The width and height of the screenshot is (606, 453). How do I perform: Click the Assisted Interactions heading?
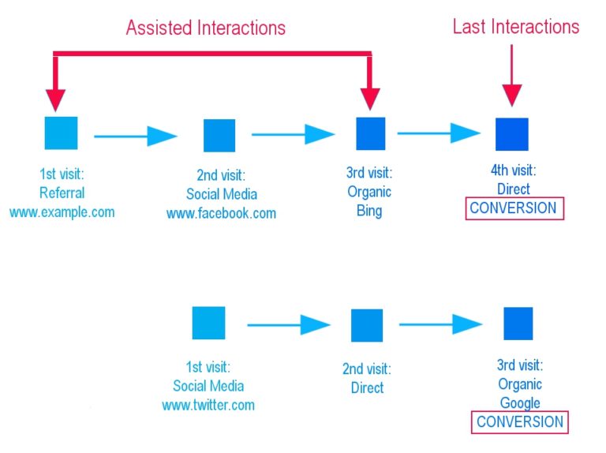[x=206, y=28]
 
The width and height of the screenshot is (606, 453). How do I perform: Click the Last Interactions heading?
[x=515, y=26]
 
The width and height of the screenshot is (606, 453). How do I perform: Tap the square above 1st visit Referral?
[x=61, y=133]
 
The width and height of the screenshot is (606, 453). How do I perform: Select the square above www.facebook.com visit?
[x=219, y=135]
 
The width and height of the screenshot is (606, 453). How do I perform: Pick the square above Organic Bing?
[x=370, y=133]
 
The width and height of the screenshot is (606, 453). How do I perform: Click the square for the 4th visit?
[x=511, y=134]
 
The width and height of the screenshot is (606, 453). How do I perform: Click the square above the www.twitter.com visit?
[x=208, y=323]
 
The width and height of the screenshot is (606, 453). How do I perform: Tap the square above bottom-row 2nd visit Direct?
[x=366, y=325]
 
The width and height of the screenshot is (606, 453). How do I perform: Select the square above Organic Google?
[x=518, y=324]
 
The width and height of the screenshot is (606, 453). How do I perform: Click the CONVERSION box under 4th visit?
[x=514, y=208]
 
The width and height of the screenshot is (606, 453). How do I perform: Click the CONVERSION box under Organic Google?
[x=520, y=421]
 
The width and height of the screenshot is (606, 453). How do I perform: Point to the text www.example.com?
[x=62, y=212]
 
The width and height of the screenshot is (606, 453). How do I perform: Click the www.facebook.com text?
[x=221, y=213]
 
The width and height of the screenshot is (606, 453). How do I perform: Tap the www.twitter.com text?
[x=208, y=405]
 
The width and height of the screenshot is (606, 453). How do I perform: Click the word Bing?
[x=368, y=211]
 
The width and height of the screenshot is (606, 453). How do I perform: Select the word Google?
[x=519, y=402]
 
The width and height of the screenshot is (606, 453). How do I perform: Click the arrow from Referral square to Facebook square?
[x=135, y=137]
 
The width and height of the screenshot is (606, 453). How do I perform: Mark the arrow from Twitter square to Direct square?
[x=288, y=324]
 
